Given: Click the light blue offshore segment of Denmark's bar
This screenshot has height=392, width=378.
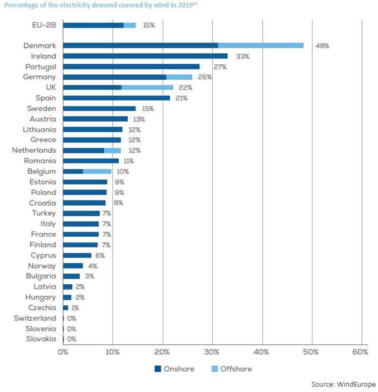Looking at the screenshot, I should pos(261,45).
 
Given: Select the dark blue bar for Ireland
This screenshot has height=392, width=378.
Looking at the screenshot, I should pos(145,56).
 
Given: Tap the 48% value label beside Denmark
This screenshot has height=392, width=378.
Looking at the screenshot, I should pos(322,46).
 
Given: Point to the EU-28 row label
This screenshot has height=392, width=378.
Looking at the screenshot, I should pos(44,25).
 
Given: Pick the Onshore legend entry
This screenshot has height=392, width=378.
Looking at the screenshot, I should pos(175,369).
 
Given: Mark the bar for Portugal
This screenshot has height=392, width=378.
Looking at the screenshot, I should pos(131,67).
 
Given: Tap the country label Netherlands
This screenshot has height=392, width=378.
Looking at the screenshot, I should pos(34,150).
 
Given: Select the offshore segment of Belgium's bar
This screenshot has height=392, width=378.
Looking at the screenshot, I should pos(97,171).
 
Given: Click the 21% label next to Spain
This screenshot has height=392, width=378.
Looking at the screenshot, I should pos(181,98).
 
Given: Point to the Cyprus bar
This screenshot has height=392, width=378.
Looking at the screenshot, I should pos(77,255).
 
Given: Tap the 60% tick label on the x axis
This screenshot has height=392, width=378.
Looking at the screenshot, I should pos(360,352).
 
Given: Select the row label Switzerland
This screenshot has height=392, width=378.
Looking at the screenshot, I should pos(35,318).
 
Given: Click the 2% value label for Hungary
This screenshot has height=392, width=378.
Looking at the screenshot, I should pos(80,297).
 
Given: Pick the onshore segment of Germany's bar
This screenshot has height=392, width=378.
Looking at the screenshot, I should pos(114,77).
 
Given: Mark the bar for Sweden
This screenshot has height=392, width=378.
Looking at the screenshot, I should pos(99,108).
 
